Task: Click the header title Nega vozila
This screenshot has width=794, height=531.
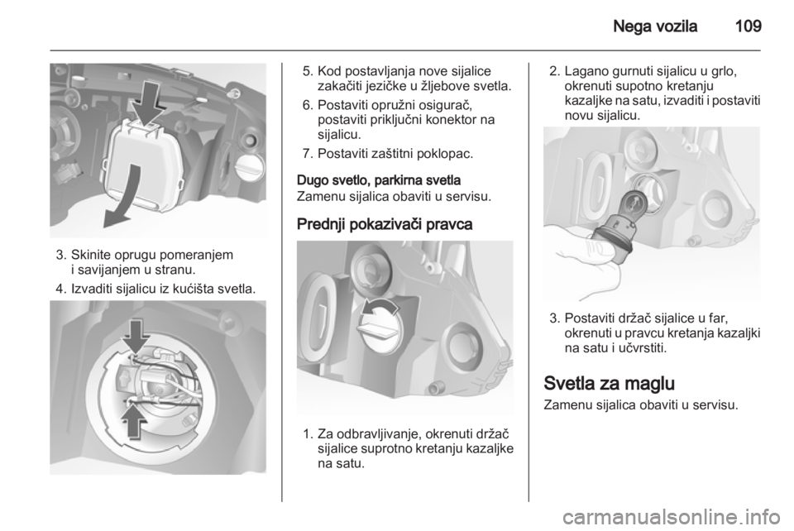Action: tap(655, 26)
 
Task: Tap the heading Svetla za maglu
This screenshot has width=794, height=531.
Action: tap(610, 383)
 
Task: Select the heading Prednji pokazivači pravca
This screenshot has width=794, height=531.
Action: tap(385, 224)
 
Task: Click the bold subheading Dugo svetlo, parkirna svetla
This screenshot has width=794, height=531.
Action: tap(379, 180)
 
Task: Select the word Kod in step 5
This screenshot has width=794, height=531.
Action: tap(329, 71)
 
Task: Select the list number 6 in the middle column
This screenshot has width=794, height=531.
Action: tap(306, 105)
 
